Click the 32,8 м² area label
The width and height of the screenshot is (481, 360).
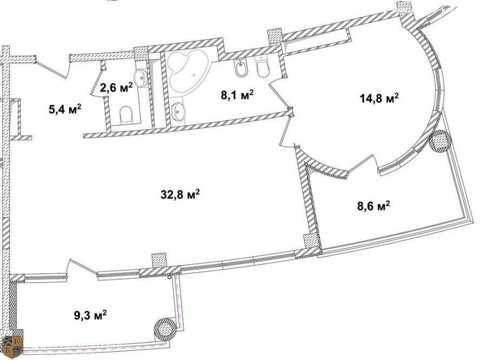(180, 194)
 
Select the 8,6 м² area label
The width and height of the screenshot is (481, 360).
(373, 206)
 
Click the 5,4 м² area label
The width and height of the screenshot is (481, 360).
(65, 109)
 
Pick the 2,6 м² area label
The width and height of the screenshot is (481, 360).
(116, 88)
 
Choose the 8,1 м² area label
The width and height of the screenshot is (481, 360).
(237, 95)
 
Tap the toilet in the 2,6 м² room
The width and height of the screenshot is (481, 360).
(127, 114)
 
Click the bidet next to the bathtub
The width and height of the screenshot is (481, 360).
(239, 68)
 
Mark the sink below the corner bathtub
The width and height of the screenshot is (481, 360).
(178, 111)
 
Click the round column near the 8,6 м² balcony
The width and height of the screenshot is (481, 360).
(440, 141)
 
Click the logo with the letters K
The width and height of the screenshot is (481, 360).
(12, 348)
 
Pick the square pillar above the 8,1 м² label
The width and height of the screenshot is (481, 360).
(275, 36)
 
